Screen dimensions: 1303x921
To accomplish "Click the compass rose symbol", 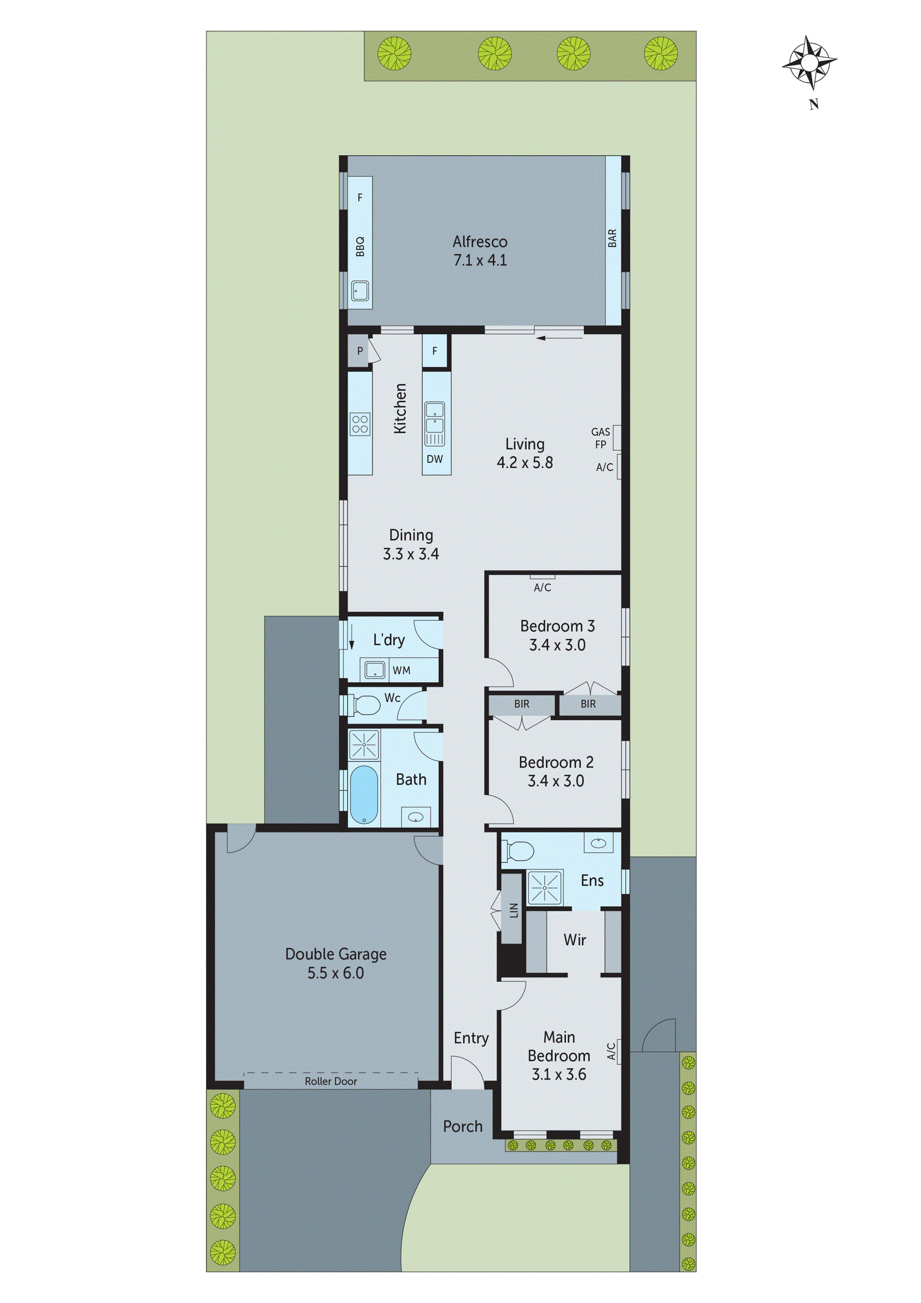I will click(x=810, y=62).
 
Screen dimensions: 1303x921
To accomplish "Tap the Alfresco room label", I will click(x=479, y=242).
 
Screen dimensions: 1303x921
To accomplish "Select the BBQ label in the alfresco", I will click(x=360, y=246).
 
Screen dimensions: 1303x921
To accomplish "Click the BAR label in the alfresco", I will click(x=612, y=238).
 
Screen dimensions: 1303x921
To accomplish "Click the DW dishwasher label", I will click(x=435, y=459).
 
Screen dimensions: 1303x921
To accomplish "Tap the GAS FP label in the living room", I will click(x=600, y=438).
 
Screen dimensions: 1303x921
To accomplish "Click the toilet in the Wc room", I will click(x=366, y=705).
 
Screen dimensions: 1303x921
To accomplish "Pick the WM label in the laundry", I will click(x=401, y=670).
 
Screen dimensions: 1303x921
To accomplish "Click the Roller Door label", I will click(x=331, y=1081).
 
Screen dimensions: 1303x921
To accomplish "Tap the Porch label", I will click(x=463, y=1126).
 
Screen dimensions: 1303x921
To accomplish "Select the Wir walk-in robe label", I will click(x=574, y=940).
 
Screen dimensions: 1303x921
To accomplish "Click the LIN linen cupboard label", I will click(x=514, y=910).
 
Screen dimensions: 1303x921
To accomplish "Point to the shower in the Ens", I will click(x=544, y=887).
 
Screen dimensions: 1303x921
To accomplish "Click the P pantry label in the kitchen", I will click(x=360, y=351).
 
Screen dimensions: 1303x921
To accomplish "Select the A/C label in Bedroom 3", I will click(x=542, y=588).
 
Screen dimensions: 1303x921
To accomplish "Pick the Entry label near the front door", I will click(x=471, y=1038).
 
